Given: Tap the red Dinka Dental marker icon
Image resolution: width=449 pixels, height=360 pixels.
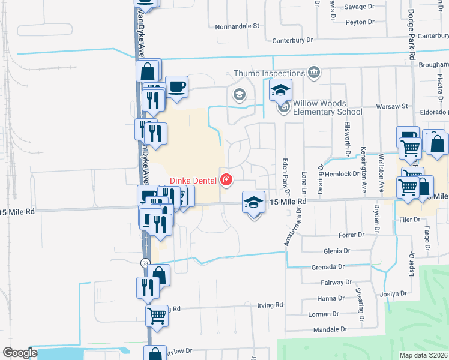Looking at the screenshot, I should [x=226, y=179].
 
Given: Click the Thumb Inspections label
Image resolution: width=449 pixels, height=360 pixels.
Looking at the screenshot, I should [x=268, y=73].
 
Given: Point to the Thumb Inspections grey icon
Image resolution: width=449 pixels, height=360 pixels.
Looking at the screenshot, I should [x=313, y=73].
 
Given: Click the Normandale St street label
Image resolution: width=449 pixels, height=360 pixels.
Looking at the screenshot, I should [x=237, y=26].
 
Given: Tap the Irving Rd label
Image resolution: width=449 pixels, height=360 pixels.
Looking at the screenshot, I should [x=271, y=305].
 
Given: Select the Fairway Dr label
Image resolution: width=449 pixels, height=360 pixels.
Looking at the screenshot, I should [x=336, y=282].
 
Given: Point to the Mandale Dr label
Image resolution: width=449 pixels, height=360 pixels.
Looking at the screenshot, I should [x=331, y=329].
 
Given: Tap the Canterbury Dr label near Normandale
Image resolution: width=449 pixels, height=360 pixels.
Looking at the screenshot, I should [x=293, y=40].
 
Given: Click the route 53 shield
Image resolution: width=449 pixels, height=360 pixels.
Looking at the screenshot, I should [x=145, y=263].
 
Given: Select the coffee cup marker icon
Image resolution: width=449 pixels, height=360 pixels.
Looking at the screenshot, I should [x=176, y=87].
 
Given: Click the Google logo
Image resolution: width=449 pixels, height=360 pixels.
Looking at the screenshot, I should [x=20, y=352].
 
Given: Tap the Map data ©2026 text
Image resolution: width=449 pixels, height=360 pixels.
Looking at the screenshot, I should [x=424, y=355].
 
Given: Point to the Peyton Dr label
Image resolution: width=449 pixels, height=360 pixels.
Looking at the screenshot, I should [x=360, y=22].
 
